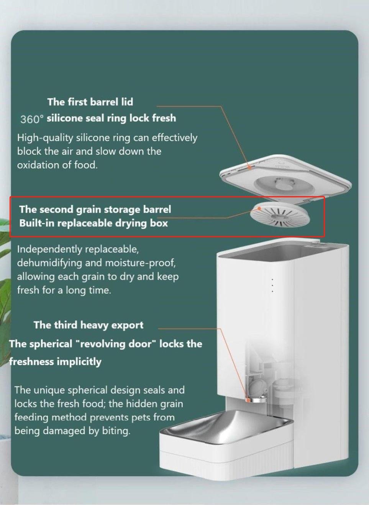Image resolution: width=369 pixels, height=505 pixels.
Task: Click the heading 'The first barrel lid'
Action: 90,102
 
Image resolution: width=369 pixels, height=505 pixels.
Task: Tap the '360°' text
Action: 31,119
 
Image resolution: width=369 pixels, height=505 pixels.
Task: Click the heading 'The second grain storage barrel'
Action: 95,209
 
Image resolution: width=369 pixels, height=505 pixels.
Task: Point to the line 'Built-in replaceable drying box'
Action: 93,223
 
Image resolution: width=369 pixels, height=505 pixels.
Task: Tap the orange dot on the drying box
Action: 259,208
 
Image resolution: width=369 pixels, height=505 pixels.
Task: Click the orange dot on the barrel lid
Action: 249,167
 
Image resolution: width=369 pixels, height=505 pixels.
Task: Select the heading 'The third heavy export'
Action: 89,325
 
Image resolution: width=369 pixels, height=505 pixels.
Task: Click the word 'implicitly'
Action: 79,362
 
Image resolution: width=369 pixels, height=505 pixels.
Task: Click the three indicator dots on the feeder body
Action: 273,285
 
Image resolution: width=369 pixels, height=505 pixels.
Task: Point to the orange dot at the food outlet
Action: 248,400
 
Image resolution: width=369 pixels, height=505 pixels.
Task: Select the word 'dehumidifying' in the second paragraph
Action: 49,263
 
